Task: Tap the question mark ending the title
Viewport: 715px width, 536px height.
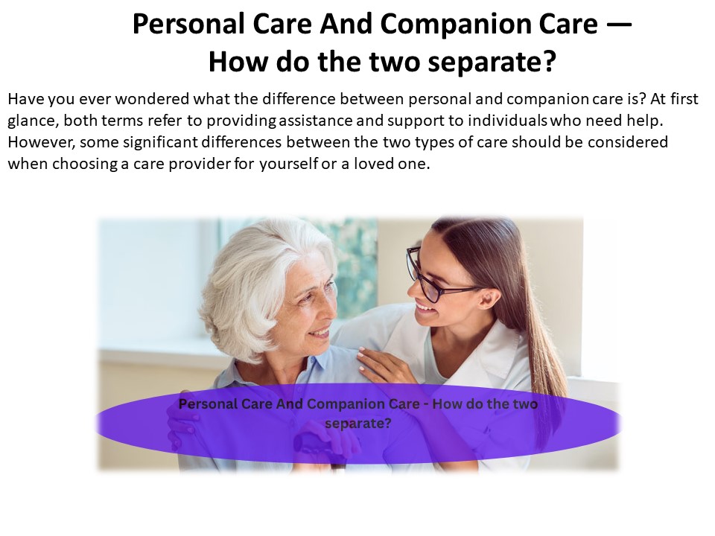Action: point(549,62)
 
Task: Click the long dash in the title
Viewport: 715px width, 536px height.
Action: point(618,25)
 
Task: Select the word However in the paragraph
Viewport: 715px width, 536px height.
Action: point(38,142)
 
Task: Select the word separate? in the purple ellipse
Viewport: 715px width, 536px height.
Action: point(358,423)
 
